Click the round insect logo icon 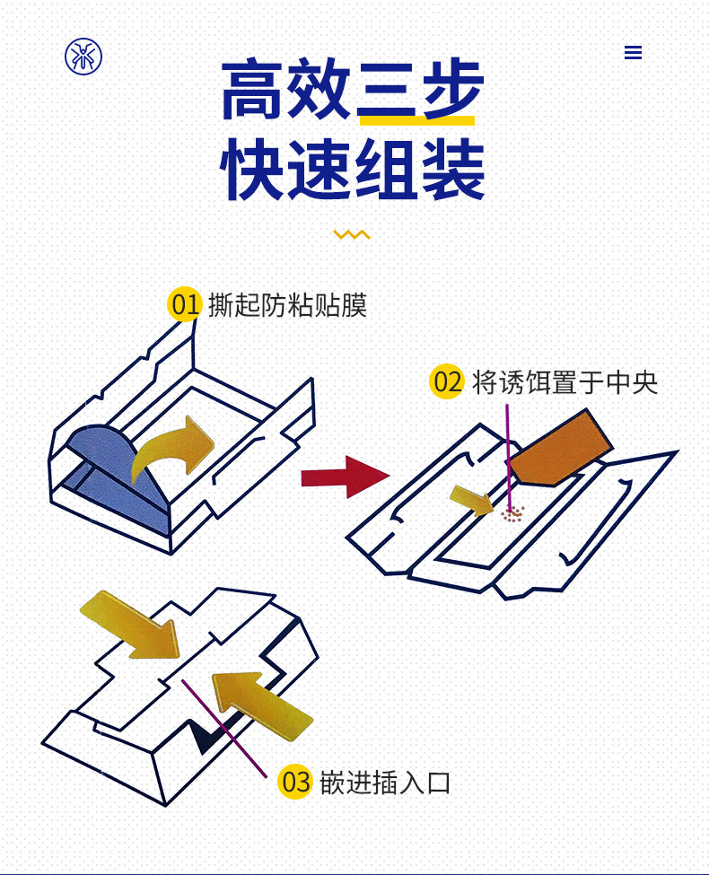(x=83, y=56)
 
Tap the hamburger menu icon (x=633, y=53)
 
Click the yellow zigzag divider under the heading (x=352, y=235)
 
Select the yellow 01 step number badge (x=184, y=305)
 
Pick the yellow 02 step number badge (x=447, y=382)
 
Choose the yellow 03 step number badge (x=295, y=782)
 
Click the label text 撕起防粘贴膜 (x=287, y=305)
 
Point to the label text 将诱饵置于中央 (x=565, y=382)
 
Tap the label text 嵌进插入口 (x=385, y=783)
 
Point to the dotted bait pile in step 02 (x=512, y=514)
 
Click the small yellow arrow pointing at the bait (x=472, y=499)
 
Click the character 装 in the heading (x=452, y=169)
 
